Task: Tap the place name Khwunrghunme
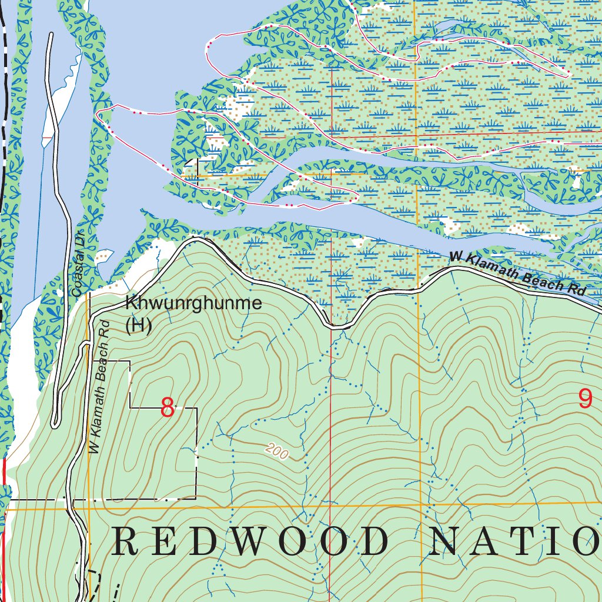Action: tap(193, 304)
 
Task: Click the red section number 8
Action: tap(168, 408)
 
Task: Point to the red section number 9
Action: tap(585, 400)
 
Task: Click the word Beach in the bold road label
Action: tap(542, 279)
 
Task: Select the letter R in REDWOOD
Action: tap(125, 541)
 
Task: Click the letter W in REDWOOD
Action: tap(255, 541)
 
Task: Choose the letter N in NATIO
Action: tap(442, 541)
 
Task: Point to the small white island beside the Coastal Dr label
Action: tap(103, 256)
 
